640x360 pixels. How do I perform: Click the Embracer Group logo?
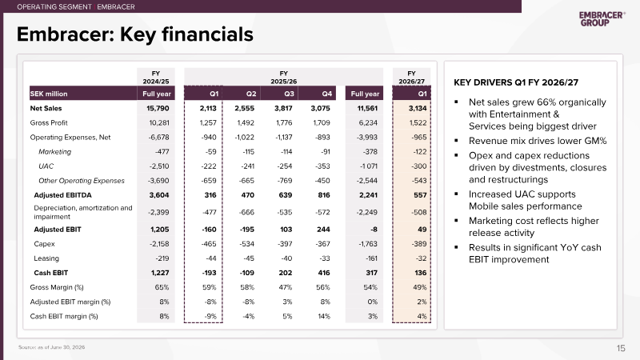[x=602, y=18]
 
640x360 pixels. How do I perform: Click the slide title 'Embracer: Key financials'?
[x=134, y=34]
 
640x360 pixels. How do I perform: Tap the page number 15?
[x=621, y=348]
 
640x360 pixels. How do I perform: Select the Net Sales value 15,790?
[x=158, y=108]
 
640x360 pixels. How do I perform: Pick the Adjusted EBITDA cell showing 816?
[x=324, y=195]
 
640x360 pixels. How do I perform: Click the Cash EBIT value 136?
[x=421, y=273]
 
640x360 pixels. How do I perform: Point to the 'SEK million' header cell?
[x=49, y=94]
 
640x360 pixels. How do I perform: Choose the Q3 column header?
[x=289, y=94]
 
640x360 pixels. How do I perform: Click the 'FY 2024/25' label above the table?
[x=156, y=77]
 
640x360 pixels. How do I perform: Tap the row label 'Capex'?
[x=44, y=244]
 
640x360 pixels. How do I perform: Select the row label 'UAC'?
[x=46, y=166]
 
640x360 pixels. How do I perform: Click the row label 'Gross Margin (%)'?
[x=57, y=287]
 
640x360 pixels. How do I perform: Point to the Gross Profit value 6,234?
[x=368, y=123]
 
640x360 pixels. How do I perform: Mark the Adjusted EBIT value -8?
[x=374, y=230]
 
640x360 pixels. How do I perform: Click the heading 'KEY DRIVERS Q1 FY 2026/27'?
[x=516, y=82]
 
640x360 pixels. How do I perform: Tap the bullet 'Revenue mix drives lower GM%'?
[x=538, y=141]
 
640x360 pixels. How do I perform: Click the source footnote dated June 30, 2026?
[x=51, y=347]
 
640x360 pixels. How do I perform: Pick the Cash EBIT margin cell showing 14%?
[x=324, y=316]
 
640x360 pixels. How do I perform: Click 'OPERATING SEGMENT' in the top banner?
[x=54, y=7]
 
